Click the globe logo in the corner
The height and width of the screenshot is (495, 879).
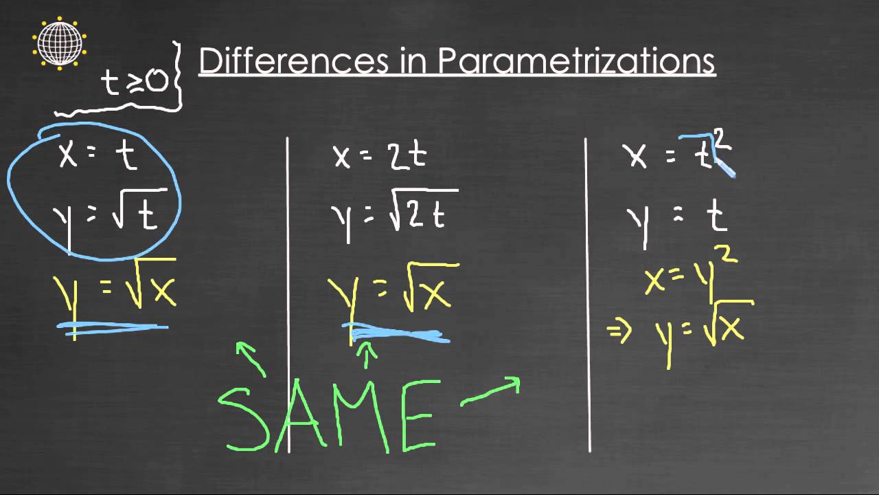tap(60, 43)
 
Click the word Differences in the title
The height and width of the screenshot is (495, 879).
tap(293, 61)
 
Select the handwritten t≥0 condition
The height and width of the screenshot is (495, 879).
tap(134, 81)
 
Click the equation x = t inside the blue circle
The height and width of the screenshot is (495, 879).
tap(98, 155)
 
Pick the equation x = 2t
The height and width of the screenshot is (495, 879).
tap(380, 156)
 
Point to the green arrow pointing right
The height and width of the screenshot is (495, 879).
tap(490, 392)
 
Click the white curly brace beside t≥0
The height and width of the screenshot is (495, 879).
tap(178, 76)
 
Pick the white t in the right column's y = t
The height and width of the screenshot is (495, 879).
tap(716, 217)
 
